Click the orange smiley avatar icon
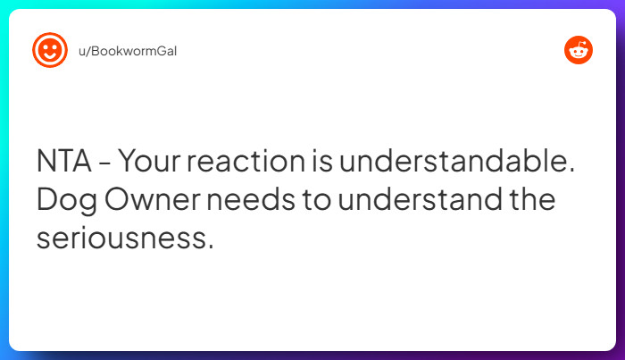tap(50, 51)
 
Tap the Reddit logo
tap(579, 51)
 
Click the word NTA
tap(65, 162)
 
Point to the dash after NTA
tap(105, 163)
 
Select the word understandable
tap(450, 162)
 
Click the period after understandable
tap(570, 171)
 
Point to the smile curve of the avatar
tap(50, 57)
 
